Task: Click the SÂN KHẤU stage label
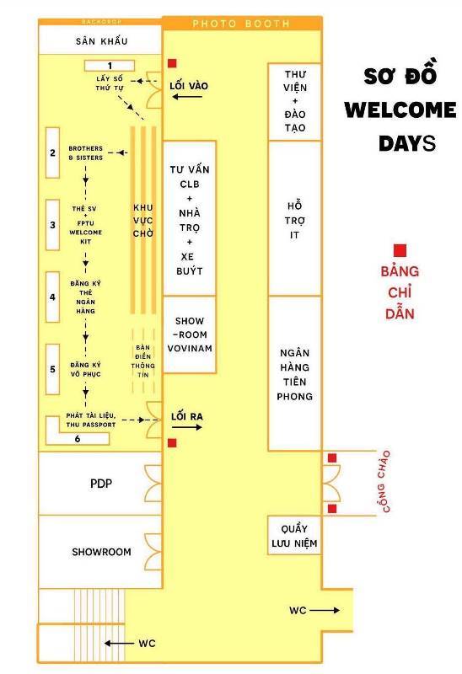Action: (x=101, y=40)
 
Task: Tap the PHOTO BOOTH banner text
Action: (x=241, y=24)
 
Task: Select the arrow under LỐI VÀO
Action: (x=187, y=97)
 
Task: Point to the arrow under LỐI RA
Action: (x=187, y=427)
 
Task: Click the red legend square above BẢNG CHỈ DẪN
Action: (x=400, y=250)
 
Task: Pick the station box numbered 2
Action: (x=52, y=152)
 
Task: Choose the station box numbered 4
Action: (x=52, y=297)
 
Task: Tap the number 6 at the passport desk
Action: (x=78, y=438)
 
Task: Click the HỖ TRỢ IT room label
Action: (x=295, y=220)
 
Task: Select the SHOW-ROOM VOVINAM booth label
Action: (x=190, y=334)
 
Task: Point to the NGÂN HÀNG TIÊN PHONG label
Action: (x=295, y=374)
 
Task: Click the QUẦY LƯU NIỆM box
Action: (x=295, y=535)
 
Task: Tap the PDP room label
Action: (x=101, y=484)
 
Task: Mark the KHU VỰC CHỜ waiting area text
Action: (x=142, y=221)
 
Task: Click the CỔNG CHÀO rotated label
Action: (x=384, y=481)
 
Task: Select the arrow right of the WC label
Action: (x=325, y=610)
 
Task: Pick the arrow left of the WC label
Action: (x=119, y=644)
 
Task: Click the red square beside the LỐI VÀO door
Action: (x=172, y=64)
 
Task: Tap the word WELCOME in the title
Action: (x=400, y=110)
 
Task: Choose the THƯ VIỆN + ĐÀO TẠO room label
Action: (x=295, y=101)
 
